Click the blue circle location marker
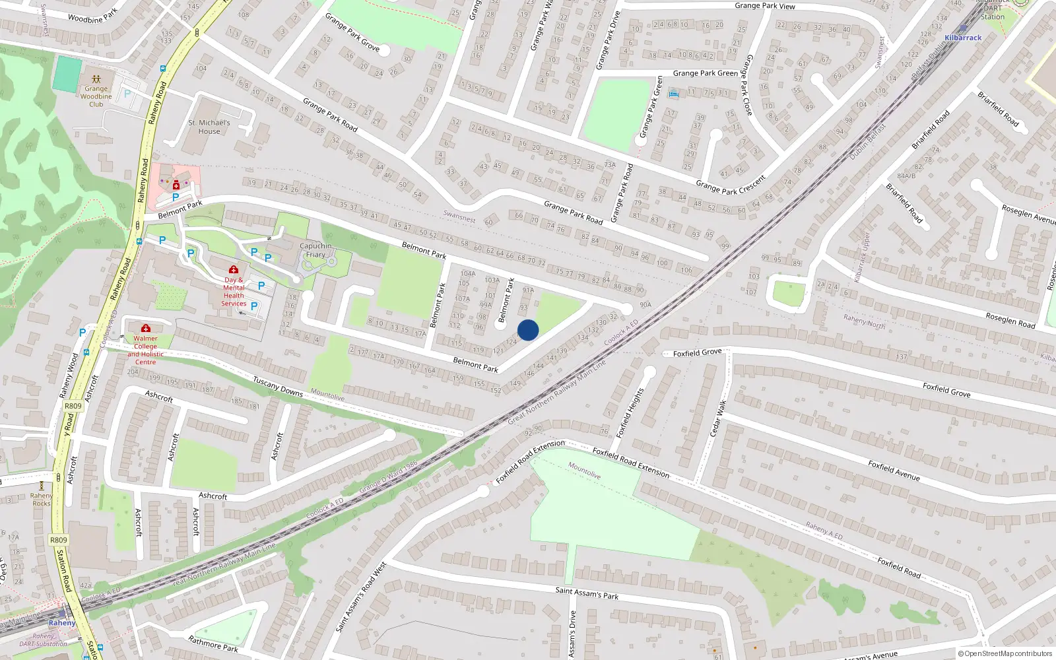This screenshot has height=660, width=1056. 528,330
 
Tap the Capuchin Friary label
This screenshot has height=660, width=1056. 315,250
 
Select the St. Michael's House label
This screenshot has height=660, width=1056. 209,127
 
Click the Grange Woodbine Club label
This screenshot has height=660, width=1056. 96,96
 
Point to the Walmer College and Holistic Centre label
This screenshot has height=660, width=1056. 146,350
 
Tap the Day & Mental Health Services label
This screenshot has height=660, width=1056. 234,292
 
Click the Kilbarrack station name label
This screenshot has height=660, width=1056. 963,38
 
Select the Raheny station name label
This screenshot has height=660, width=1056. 62,623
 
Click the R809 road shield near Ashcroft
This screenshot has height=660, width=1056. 73,406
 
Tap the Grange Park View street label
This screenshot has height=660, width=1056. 765,6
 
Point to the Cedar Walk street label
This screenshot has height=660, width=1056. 718,418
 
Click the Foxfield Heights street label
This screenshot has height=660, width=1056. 630,413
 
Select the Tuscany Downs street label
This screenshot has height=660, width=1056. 278,387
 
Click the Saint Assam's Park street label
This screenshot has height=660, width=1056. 587,593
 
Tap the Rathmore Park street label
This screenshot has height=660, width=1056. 213,644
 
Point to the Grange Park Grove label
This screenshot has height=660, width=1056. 352,32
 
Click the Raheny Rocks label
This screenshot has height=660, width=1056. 41,500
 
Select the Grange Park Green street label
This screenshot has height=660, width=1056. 705,73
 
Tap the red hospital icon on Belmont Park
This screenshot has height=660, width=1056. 176,185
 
